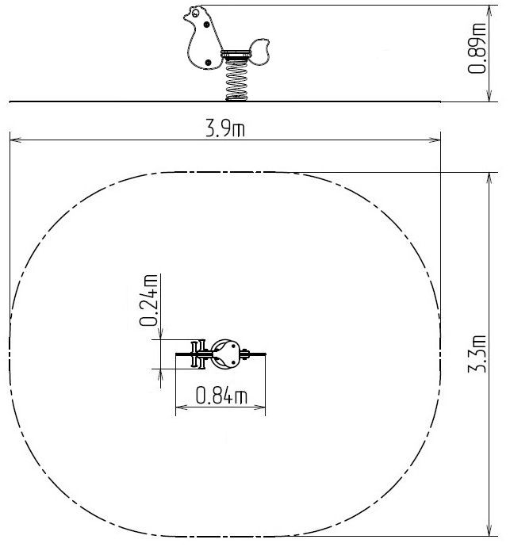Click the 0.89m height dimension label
477,48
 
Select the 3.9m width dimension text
225,128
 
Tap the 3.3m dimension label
477,354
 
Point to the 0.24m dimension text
148,300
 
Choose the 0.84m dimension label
221,396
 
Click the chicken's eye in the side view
195,13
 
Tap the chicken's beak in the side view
186,17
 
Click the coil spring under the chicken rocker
236,80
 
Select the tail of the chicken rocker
259,52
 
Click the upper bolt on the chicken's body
207,25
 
